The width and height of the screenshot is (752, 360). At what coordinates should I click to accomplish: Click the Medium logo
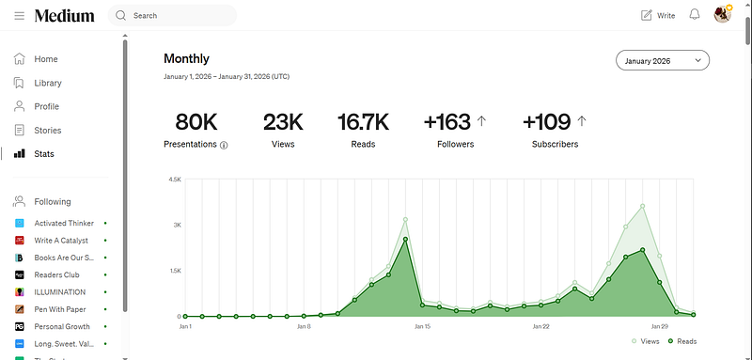[64, 16]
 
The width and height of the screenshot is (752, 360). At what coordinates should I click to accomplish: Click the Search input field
[172, 16]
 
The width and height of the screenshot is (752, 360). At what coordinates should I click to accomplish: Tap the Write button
[658, 16]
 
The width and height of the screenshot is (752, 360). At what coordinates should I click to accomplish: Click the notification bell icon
[695, 15]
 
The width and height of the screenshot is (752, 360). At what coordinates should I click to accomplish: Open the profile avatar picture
[722, 15]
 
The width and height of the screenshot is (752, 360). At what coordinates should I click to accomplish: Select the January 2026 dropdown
[663, 60]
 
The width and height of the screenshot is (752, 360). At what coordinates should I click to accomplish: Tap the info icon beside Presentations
[224, 146]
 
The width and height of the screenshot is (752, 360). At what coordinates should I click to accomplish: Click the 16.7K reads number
[363, 122]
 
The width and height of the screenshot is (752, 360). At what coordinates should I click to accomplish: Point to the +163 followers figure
[447, 122]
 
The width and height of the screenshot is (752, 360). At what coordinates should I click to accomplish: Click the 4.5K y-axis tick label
[175, 180]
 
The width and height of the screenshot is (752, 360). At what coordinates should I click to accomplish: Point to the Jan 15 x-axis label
[422, 327]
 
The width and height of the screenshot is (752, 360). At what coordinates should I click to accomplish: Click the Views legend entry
[645, 341]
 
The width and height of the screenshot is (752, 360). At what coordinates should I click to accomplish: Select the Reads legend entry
[682, 341]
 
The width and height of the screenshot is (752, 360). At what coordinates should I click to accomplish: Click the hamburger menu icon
[19, 16]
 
